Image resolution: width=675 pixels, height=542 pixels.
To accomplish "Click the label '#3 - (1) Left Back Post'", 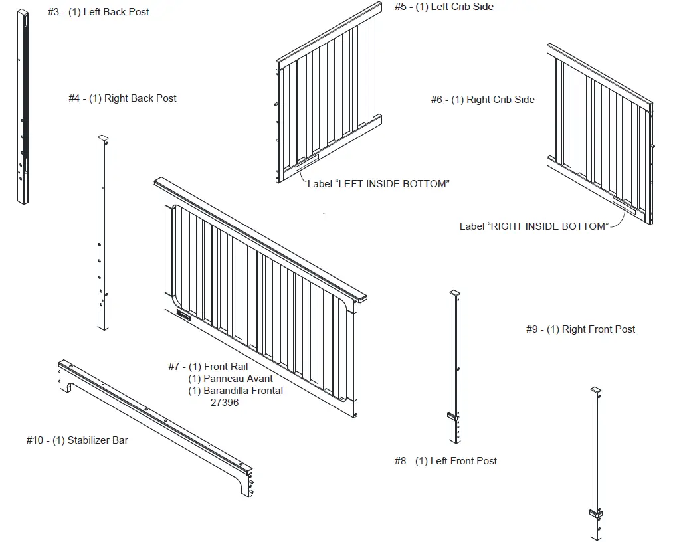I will (98, 12).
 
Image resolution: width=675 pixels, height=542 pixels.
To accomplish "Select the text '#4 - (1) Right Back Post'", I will (122, 98).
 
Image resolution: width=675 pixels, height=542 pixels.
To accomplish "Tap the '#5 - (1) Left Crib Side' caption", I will (444, 7).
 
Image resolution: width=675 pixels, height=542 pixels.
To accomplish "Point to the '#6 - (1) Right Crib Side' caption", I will (482, 100).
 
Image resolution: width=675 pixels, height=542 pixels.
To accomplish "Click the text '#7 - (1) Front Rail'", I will (208, 367).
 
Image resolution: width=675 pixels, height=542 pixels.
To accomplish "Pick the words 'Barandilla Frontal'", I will (243, 391).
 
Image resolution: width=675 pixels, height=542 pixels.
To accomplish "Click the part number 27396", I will (225, 403).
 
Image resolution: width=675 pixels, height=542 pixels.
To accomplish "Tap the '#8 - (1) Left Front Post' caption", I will (446, 461).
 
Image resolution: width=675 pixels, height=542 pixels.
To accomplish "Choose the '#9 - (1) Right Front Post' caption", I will (581, 329).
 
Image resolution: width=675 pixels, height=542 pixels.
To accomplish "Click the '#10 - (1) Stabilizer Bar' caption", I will (77, 440).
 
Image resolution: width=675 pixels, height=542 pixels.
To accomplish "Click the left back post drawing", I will (23, 106).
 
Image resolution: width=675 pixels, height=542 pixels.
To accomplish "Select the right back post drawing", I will (103, 232).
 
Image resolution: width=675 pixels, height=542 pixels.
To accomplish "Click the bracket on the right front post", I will (596, 513).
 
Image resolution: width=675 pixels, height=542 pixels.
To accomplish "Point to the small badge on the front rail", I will (183, 317).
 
